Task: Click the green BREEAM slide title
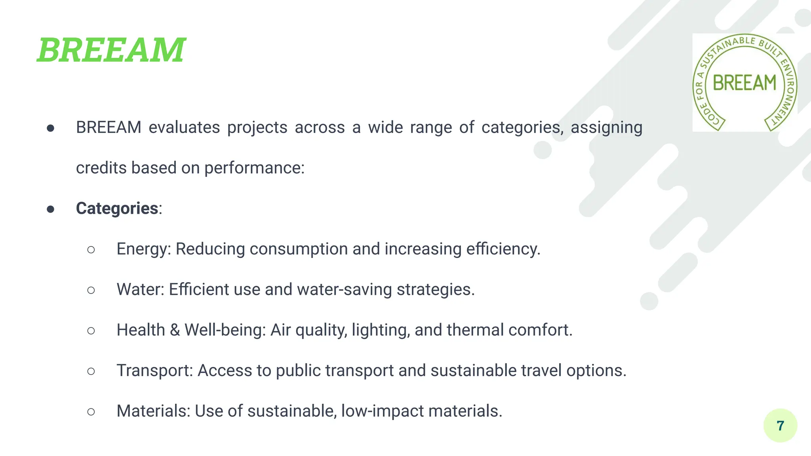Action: click(x=111, y=50)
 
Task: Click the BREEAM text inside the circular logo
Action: click(x=744, y=83)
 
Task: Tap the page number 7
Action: click(x=780, y=426)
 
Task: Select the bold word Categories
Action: click(x=117, y=209)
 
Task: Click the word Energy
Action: click(x=142, y=249)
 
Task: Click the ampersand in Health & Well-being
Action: click(x=175, y=330)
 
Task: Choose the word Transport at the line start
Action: click(x=153, y=371)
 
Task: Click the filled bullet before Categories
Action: click(x=50, y=209)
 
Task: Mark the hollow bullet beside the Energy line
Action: click(x=91, y=250)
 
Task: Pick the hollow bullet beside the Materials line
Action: click(x=91, y=412)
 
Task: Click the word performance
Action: click(x=253, y=168)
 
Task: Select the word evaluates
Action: click(x=184, y=128)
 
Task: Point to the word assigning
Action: click(x=606, y=128)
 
